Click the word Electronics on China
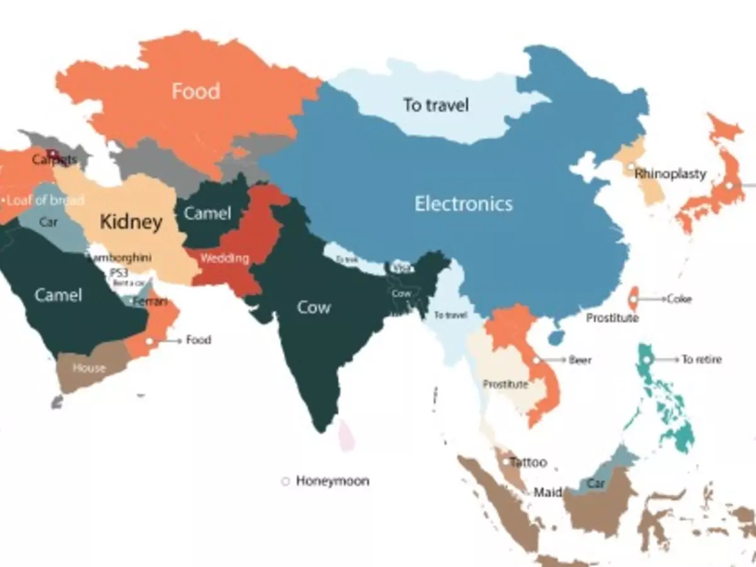click(464, 203)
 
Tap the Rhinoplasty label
click(670, 173)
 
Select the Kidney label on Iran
click(131, 222)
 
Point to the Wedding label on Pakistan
click(224, 258)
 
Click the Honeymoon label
click(332, 481)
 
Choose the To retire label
click(701, 360)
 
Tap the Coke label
click(679, 299)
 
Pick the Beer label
click(580, 360)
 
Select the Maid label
click(547, 492)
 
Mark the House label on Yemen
click(89, 368)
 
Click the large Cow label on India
click(314, 308)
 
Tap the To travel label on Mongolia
click(436, 105)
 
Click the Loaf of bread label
click(45, 201)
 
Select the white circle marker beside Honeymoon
click(285, 481)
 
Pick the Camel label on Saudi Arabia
click(58, 295)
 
